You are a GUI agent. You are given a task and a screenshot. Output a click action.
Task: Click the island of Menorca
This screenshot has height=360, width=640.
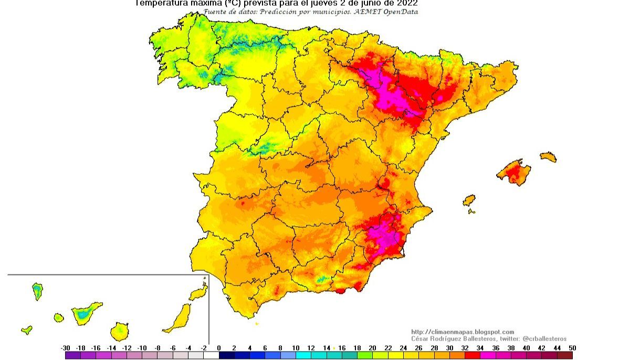(x=548, y=156)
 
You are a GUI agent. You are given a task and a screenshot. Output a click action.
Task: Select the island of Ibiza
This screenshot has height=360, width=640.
(x=469, y=200)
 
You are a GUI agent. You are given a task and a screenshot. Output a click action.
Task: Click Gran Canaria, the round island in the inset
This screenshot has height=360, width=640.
(x=119, y=331)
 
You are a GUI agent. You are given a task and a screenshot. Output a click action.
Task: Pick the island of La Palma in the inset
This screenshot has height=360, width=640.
(x=37, y=290)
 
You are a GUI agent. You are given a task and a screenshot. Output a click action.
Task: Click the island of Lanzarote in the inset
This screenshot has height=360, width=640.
(x=199, y=292)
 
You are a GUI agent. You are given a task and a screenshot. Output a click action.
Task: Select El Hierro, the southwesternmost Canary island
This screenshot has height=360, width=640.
(x=26, y=330)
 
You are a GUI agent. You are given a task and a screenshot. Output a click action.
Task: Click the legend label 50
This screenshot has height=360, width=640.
(x=572, y=348)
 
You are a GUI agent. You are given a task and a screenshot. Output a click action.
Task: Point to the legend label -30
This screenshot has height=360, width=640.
(x=66, y=348)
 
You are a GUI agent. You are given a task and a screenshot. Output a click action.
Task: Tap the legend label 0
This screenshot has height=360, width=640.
(x=219, y=348)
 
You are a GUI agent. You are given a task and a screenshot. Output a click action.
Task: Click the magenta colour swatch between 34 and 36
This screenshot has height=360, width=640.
(x=488, y=355)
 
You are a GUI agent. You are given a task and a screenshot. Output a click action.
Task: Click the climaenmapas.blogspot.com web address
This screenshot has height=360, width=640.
(x=463, y=332)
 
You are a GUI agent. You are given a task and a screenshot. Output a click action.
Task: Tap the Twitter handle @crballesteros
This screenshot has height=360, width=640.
(x=544, y=339)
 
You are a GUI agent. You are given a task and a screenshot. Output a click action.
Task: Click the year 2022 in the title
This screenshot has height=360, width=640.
(x=405, y=3)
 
